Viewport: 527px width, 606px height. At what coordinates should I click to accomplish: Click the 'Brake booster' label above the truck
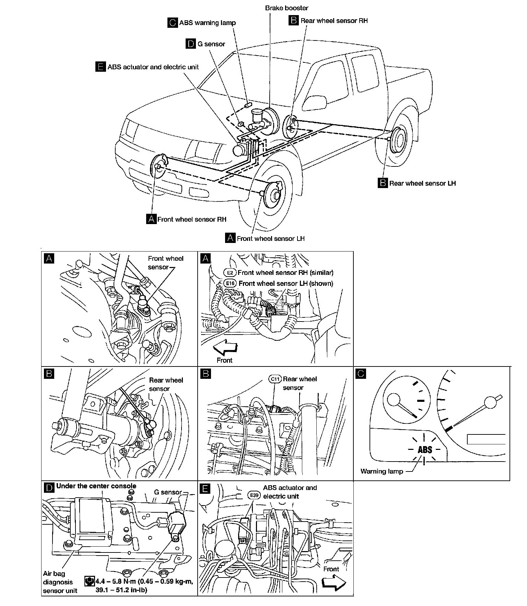(x=286, y=8)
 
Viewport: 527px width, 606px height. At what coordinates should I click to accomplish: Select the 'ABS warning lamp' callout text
(x=207, y=23)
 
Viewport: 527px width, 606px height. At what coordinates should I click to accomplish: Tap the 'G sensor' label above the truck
(x=211, y=44)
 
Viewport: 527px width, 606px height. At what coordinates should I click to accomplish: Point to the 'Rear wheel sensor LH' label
(x=422, y=183)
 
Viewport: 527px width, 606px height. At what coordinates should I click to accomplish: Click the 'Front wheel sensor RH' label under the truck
(x=192, y=219)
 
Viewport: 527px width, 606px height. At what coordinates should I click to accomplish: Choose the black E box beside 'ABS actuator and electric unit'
(x=100, y=67)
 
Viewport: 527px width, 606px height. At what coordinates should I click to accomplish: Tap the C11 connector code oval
(x=275, y=379)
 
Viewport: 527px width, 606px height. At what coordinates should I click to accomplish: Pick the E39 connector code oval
(x=254, y=496)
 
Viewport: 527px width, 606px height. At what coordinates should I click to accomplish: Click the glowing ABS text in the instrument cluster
(x=425, y=450)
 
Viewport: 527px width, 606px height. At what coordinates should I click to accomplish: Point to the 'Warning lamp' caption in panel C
(x=382, y=471)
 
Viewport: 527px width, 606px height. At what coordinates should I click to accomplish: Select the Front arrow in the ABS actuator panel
(x=334, y=583)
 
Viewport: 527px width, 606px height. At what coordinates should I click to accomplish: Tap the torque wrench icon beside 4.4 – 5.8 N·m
(x=90, y=581)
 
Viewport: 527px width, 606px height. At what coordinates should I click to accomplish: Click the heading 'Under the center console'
(x=96, y=486)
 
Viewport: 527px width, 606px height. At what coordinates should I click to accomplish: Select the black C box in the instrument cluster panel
(x=361, y=373)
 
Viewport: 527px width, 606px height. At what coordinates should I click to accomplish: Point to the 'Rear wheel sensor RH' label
(x=334, y=21)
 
